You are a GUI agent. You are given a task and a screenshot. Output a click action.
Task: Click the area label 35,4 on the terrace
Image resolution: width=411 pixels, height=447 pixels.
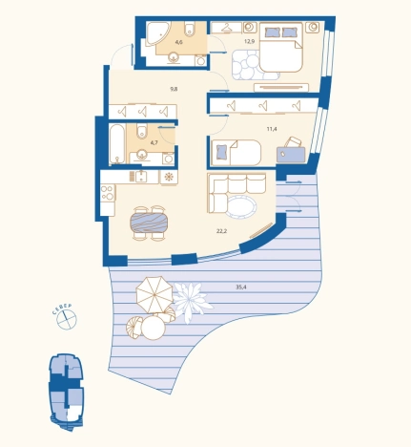click(x=241, y=287)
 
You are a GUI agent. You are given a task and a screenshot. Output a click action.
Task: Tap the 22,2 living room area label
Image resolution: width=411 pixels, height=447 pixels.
click(x=221, y=231)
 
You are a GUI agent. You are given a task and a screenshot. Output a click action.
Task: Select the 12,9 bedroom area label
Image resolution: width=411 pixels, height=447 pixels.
click(x=250, y=41)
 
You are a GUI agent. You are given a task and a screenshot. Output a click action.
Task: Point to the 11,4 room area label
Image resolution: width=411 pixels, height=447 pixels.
click(x=272, y=129)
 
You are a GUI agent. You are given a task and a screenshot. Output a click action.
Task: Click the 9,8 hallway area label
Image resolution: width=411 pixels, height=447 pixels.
click(x=174, y=89)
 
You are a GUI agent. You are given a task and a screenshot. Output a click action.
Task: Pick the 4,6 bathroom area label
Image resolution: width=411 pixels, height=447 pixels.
click(x=178, y=42)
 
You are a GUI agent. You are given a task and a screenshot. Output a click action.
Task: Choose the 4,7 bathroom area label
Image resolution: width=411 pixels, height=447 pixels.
click(x=154, y=143)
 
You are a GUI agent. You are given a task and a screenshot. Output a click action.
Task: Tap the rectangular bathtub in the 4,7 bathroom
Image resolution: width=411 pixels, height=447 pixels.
click(x=117, y=144)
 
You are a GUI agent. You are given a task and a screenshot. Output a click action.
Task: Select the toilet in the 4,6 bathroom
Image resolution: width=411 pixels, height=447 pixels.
click(x=190, y=29)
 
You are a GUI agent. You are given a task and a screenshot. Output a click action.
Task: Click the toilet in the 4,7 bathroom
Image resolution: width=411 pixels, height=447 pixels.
click(x=142, y=131)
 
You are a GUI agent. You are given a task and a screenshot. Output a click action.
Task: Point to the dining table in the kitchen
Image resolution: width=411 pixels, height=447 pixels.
click(x=149, y=223)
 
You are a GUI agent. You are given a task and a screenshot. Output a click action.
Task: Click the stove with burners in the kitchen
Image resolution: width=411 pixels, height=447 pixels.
click(x=108, y=193)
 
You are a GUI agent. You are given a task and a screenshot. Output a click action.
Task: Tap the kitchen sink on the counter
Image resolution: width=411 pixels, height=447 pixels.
click(x=141, y=177)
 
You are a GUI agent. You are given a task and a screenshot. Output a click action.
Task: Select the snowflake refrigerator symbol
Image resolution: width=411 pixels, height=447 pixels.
click(x=169, y=177)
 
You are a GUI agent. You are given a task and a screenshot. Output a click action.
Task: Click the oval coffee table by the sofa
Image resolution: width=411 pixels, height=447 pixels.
click(x=241, y=206)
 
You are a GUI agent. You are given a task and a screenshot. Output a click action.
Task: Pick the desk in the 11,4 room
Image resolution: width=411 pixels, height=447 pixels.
click(x=291, y=155)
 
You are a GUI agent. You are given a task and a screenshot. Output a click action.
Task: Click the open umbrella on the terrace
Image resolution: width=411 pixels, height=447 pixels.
click(x=154, y=294)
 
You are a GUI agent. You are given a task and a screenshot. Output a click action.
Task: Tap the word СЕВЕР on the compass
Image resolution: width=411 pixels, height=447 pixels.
click(x=62, y=309)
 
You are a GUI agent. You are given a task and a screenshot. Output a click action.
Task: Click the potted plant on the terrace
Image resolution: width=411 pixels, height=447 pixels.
click(x=192, y=301)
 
